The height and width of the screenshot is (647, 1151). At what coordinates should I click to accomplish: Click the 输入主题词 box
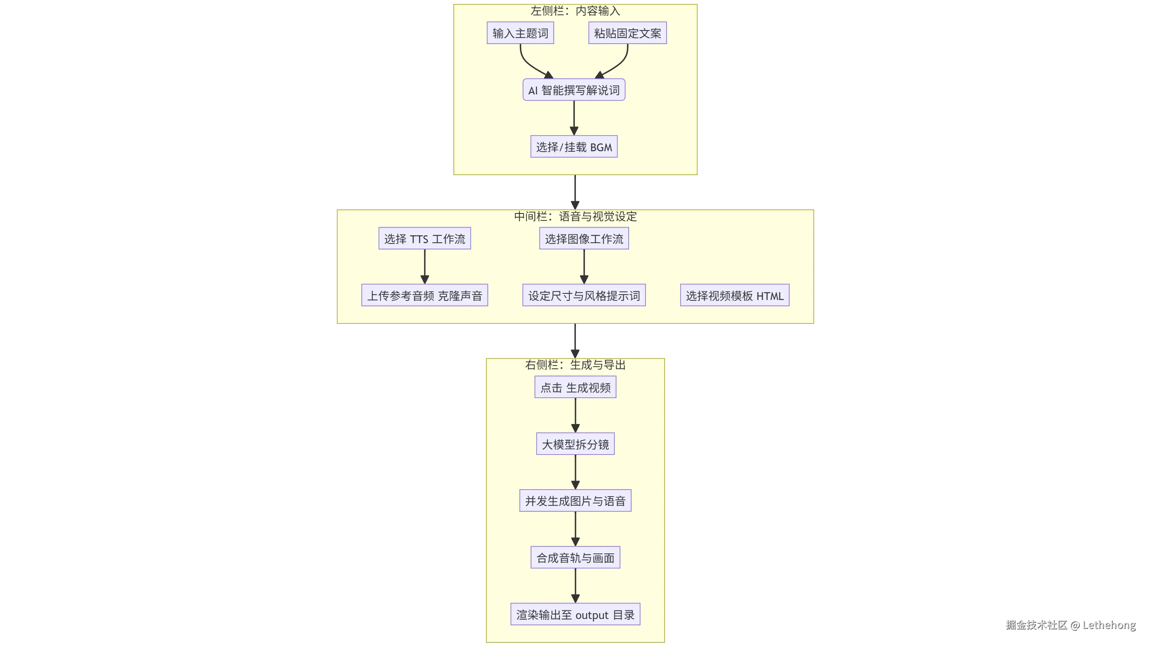click(x=520, y=33)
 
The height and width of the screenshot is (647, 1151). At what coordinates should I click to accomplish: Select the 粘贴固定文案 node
click(x=627, y=33)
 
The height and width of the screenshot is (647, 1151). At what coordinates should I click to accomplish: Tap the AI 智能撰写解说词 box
click(x=574, y=90)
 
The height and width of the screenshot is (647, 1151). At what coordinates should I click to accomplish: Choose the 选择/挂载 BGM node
click(x=574, y=147)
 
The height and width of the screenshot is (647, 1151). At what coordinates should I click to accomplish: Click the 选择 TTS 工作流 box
click(x=424, y=239)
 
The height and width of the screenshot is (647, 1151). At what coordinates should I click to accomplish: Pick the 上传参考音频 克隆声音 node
click(x=424, y=295)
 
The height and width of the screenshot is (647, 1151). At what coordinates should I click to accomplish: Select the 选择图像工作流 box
click(x=584, y=239)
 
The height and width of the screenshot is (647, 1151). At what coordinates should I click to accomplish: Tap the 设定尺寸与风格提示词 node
click(x=584, y=295)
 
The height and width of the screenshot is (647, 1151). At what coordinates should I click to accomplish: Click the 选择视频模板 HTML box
click(x=735, y=295)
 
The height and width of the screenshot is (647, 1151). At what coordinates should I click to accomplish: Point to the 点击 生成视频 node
click(x=575, y=387)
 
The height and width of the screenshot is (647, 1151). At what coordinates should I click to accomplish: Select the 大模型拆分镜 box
click(x=575, y=444)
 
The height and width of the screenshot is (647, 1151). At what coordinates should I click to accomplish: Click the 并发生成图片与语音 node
click(x=575, y=501)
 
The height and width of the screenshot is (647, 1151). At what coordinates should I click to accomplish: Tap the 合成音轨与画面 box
click(x=575, y=558)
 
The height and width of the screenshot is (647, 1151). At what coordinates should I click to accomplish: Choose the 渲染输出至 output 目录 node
click(x=575, y=614)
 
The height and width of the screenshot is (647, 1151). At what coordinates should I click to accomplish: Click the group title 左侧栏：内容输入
click(x=575, y=11)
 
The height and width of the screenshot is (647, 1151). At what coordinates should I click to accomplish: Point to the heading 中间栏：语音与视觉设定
click(x=575, y=216)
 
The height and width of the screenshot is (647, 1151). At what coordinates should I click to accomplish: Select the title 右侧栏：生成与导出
click(x=575, y=365)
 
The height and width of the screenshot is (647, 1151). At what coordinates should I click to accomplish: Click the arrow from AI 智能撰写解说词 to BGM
click(x=574, y=117)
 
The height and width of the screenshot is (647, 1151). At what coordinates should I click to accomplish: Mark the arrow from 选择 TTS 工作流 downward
click(x=424, y=266)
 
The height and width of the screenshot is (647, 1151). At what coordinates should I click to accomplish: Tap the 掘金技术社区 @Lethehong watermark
click(x=1070, y=625)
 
